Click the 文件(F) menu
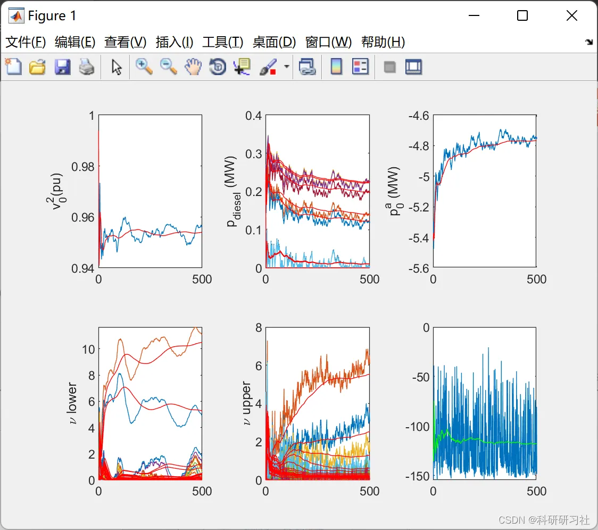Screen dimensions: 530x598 pos(26,42)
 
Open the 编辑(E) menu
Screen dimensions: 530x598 pos(75,42)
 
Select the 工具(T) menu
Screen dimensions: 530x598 pos(222,42)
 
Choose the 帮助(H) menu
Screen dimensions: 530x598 pos(383,42)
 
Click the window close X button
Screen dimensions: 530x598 pos(571,16)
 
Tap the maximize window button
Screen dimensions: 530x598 pos(522,16)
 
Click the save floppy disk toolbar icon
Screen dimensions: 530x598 pos(63,67)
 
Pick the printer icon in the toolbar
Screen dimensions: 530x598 pos(87,67)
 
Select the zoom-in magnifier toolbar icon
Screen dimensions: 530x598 pos(144,67)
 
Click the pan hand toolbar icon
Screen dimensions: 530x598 pos(193,67)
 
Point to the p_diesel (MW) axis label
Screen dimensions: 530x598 pos(234,192)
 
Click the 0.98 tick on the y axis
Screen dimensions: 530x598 pos(83,167)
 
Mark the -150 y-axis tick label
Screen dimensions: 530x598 pos(417,476)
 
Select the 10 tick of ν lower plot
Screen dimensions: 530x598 pos(88,349)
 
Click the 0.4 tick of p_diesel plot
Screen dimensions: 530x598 pos(254,116)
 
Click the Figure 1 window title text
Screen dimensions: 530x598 pos(52,16)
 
